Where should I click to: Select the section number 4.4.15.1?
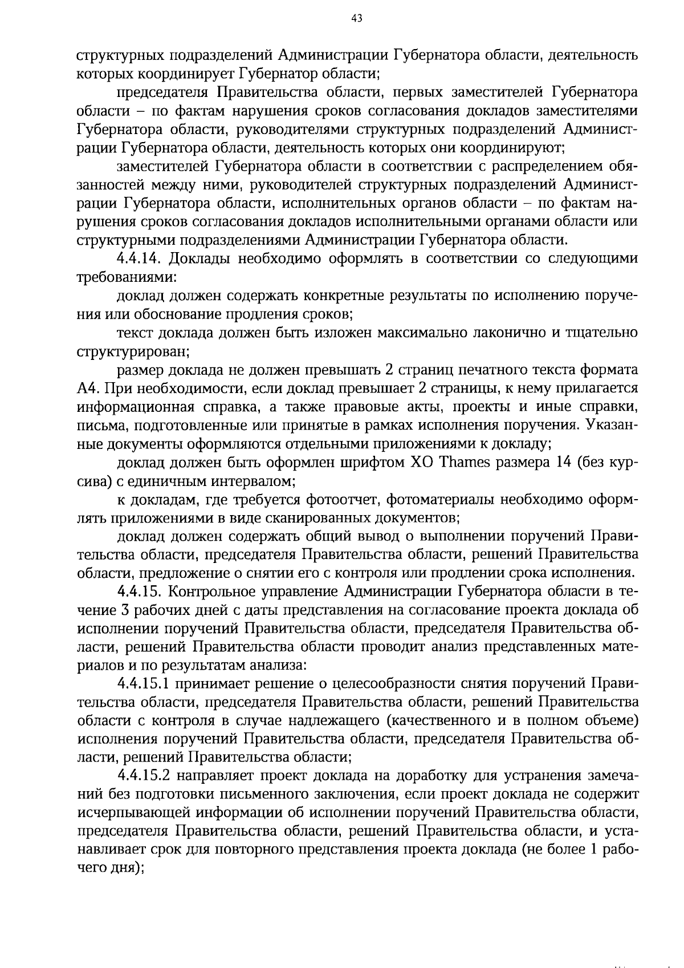pyautogui.click(x=146, y=683)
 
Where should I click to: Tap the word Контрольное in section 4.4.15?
pyautogui.click(x=209, y=591)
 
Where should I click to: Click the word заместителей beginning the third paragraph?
pyautogui.click(x=164, y=166)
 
